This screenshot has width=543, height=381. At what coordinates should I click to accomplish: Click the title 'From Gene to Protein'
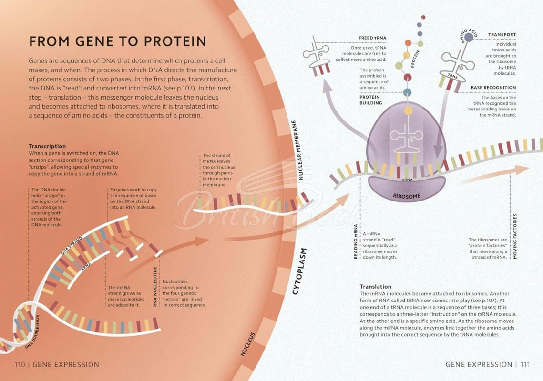click(x=117, y=41)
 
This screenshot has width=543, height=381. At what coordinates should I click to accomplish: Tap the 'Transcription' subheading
click(x=47, y=146)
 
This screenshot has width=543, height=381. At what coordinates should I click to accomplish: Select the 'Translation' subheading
click(x=375, y=287)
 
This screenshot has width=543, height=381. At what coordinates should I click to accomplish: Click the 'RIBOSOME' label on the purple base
click(x=406, y=196)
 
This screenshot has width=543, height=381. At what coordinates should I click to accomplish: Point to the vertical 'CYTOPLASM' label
click(x=300, y=271)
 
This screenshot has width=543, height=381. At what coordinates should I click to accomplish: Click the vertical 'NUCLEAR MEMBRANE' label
click(x=297, y=150)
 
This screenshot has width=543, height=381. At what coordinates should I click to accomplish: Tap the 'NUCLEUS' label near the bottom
click(x=248, y=344)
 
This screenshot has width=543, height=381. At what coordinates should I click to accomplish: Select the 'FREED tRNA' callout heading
click(x=372, y=38)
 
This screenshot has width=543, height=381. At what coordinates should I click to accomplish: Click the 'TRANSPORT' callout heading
click(x=502, y=35)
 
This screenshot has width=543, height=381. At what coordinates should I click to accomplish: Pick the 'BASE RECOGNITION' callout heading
click(x=493, y=88)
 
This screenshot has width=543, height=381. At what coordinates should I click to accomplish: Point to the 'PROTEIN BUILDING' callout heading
click(x=370, y=100)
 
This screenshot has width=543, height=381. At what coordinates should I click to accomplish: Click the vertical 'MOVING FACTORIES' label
click(x=514, y=236)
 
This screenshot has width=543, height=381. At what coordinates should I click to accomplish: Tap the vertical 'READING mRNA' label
click(x=355, y=241)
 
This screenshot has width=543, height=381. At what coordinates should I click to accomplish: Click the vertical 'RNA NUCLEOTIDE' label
click(x=155, y=286)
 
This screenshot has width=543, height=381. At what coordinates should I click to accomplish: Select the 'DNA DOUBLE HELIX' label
click(x=33, y=331)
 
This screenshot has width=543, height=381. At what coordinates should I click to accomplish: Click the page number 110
click(x=20, y=364)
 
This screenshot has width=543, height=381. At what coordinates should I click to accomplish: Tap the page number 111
click(x=525, y=364)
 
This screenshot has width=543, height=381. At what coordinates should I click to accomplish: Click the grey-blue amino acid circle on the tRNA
click(x=469, y=37)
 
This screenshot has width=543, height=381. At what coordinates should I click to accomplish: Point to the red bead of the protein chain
click(x=408, y=77)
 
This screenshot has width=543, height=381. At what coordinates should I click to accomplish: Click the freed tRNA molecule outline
click(x=316, y=55)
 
